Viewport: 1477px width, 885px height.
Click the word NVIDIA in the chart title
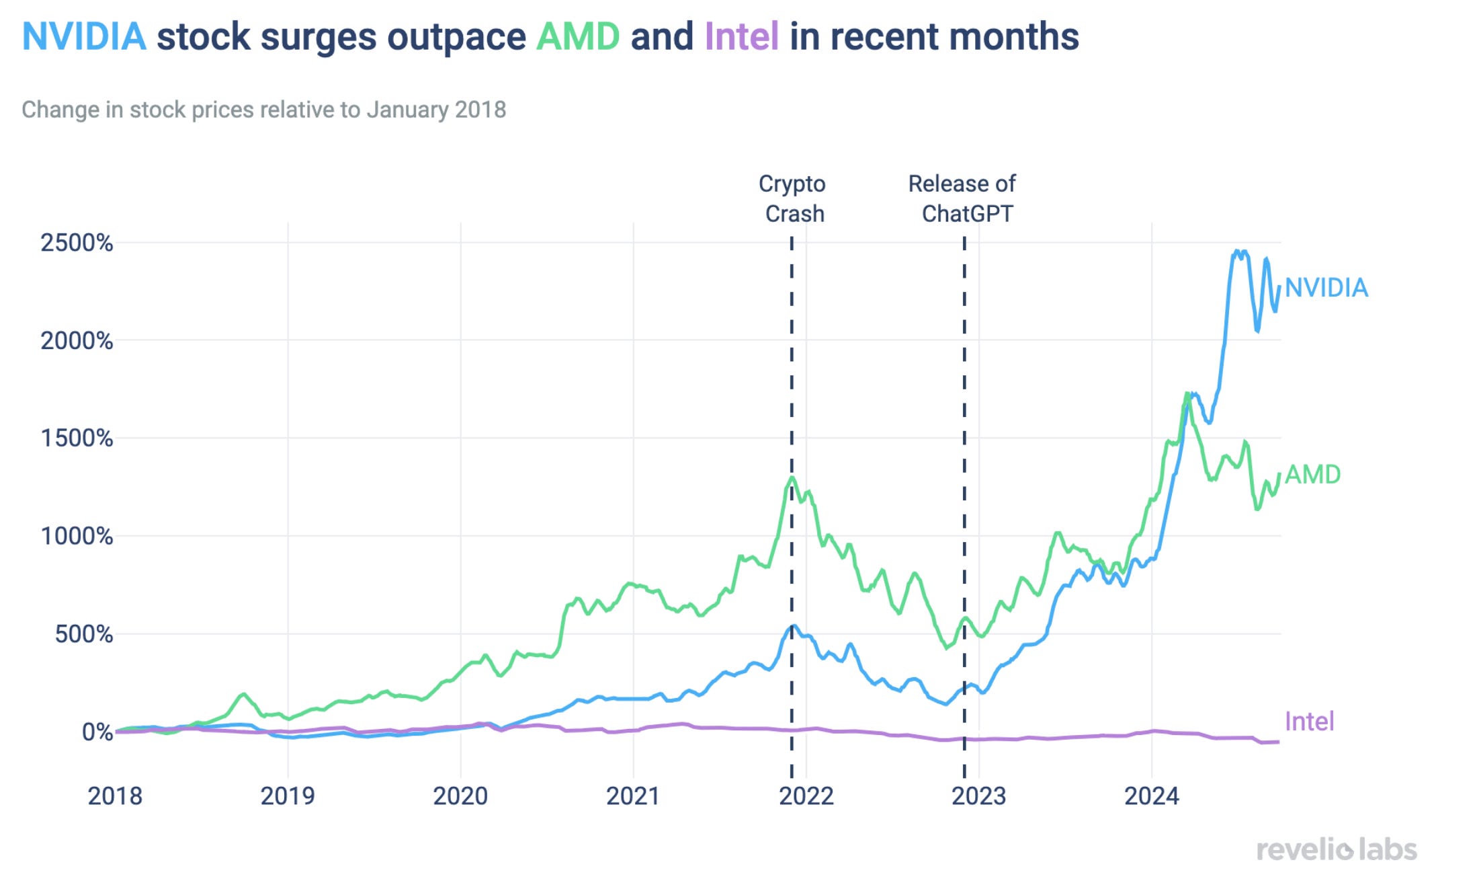[84, 36]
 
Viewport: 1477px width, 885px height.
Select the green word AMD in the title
[577, 36]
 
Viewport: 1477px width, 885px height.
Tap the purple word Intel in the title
[741, 36]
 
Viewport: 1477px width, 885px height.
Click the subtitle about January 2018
[263, 110]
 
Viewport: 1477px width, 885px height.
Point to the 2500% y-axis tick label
[77, 243]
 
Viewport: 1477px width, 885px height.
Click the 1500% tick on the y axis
[77, 438]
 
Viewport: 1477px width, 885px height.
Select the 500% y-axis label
[83, 634]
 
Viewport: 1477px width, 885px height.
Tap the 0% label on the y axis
[97, 732]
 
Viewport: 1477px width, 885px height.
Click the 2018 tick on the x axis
[115, 796]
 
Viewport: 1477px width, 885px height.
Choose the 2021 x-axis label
[633, 796]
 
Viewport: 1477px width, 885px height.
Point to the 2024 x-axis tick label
[1151, 796]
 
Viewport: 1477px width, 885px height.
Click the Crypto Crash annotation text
[793, 198]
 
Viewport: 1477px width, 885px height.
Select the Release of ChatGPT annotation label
[963, 198]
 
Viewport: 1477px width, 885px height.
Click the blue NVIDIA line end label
[1326, 288]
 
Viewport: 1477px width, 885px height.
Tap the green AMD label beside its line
[1312, 475]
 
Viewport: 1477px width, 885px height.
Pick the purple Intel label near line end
[1309, 722]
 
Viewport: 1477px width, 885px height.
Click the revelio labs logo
[1337, 850]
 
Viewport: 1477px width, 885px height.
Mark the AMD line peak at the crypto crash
[793, 478]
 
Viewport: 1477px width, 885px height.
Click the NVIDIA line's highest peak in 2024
[1237, 252]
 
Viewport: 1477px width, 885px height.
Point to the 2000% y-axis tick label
[77, 341]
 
